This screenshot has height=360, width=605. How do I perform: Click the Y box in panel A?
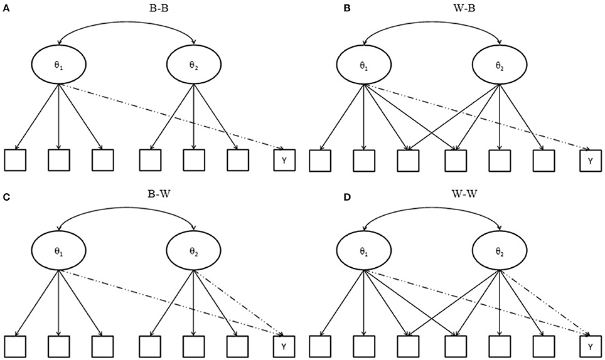(x=284, y=161)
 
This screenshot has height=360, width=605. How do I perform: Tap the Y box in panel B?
(x=590, y=161)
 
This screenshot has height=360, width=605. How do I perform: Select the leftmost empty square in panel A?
(x=14, y=161)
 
